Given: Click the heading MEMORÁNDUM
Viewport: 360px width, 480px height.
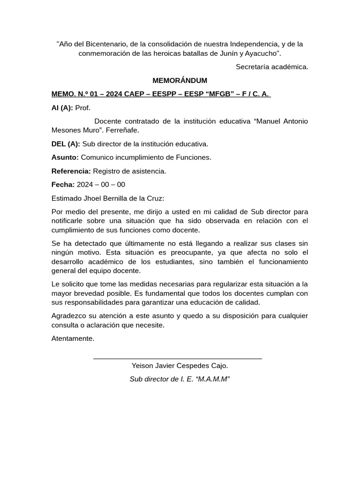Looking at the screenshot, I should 180,81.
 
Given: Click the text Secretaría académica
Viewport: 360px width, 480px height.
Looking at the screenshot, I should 272,67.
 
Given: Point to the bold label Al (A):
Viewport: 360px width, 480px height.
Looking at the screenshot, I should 62,108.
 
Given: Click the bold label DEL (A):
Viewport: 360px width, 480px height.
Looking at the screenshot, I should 66,144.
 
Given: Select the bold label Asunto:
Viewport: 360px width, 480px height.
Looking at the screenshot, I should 65,157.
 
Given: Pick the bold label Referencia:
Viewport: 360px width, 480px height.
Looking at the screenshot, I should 71,171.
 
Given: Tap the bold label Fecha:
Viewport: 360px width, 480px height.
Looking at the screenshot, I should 63,185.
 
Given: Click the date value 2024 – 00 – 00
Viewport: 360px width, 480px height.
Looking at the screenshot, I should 101,185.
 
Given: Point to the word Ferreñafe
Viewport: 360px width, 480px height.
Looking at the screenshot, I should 123,130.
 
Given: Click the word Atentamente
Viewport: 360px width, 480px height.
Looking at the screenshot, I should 73,338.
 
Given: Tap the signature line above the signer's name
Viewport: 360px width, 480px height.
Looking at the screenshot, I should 177,359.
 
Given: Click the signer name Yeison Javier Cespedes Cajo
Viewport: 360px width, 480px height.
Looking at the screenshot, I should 180,366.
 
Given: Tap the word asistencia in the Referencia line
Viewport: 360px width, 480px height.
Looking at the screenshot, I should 150,171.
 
